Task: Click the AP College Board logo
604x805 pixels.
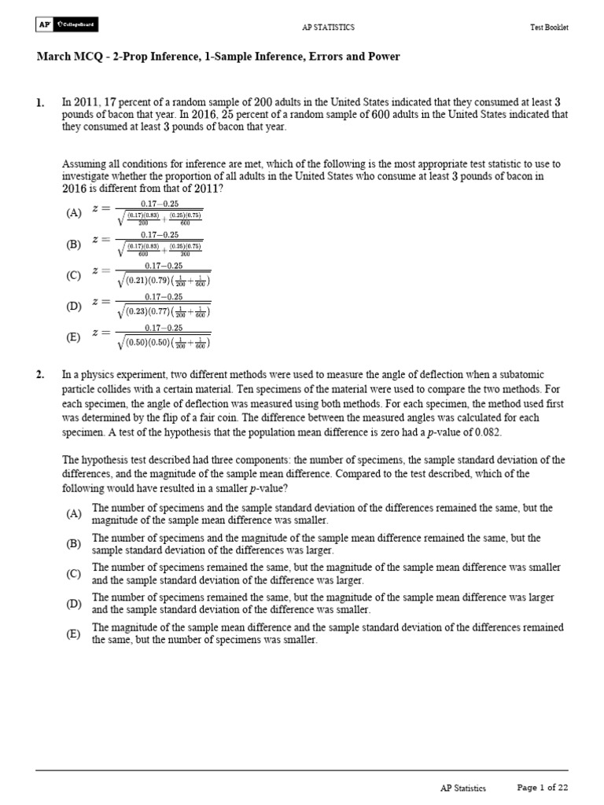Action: [66, 26]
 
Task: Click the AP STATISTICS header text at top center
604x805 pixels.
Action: [328, 27]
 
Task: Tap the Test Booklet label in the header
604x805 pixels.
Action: [549, 27]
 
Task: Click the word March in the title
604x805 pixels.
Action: [53, 57]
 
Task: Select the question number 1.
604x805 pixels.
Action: [39, 103]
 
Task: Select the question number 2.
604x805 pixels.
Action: [39, 375]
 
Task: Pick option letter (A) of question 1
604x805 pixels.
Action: [74, 213]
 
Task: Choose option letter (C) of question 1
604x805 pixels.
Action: [74, 275]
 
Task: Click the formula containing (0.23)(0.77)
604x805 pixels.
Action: [162, 305]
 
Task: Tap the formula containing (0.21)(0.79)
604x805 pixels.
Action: [162, 274]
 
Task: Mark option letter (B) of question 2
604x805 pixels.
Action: [74, 543]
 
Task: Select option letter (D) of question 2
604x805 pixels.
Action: [74, 604]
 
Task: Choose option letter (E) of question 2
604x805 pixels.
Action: [74, 634]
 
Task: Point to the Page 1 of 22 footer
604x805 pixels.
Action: [542, 788]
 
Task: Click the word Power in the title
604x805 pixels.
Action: [383, 57]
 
